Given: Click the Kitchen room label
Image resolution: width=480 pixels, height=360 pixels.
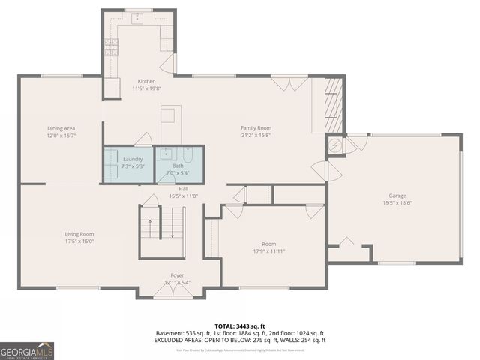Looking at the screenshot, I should [145, 81].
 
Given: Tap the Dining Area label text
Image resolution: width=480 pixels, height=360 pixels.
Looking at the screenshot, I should [61, 128].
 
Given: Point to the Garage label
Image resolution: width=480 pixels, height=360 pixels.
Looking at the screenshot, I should [397, 196].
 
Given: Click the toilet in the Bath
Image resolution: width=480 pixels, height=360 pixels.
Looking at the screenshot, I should [188, 155].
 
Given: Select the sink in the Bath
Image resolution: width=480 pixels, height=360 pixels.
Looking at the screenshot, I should [166, 154].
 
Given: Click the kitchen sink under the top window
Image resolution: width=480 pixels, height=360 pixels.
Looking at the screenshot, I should [139, 19].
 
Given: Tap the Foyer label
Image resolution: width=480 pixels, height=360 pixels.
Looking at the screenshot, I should [177, 275].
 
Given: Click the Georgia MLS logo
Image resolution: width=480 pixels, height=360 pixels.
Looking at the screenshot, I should [27, 350].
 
